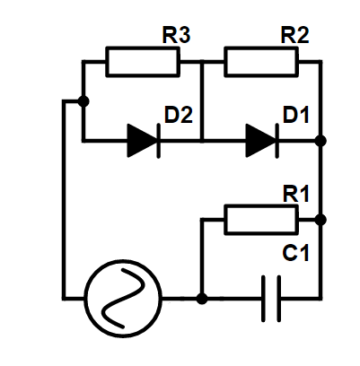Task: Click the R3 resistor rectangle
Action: coord(143,62)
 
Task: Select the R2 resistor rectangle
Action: coord(261,62)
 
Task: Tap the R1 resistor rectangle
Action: coord(261,220)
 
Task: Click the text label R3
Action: coord(176,35)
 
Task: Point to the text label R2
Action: coord(294,35)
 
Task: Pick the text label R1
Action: coord(296,194)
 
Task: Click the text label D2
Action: coord(179,115)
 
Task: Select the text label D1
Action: coord(296,115)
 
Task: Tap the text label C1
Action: coord(295,253)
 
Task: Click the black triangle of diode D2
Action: coord(142,140)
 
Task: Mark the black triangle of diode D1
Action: coord(260,140)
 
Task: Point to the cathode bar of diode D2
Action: coord(158,140)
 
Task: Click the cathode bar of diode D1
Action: coord(277,140)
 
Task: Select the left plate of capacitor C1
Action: coord(263,299)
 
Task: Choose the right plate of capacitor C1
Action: coord(279,299)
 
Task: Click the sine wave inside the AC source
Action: coord(123,299)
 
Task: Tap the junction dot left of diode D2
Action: coord(83,101)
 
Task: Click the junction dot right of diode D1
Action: coord(320,141)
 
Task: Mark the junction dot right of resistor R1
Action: coord(320,220)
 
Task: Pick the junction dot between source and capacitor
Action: coord(202,299)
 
